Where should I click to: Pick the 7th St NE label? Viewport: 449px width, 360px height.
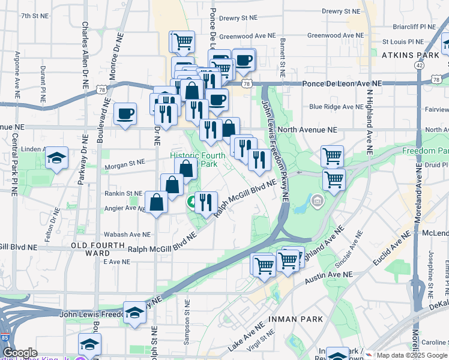34,16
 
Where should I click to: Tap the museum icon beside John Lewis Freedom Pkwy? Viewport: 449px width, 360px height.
317,200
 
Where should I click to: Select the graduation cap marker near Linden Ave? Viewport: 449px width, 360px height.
57,158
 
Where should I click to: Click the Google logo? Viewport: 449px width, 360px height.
20,353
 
